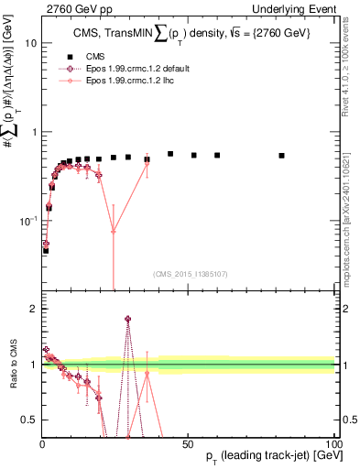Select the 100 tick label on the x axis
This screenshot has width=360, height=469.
[333, 442]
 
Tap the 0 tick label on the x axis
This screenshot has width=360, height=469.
[42, 442]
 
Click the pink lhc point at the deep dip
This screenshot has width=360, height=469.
[114, 231]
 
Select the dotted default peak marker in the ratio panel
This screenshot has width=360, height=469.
[127, 319]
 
